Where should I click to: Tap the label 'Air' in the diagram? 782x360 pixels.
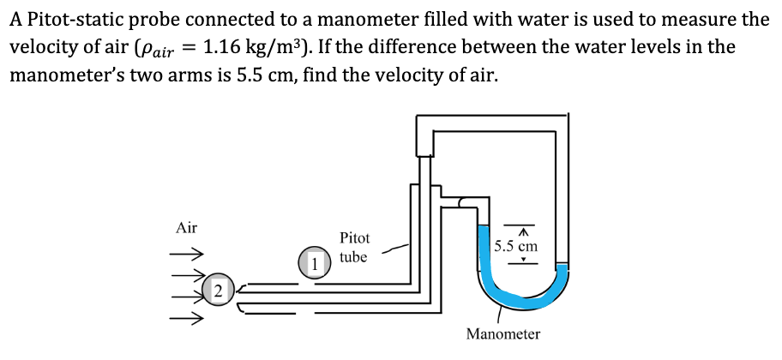pyautogui.click(x=186, y=228)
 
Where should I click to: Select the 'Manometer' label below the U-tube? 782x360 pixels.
pyautogui.click(x=503, y=334)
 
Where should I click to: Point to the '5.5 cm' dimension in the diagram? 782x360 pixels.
pyautogui.click(x=517, y=246)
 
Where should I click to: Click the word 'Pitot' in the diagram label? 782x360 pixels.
pyautogui.click(x=354, y=237)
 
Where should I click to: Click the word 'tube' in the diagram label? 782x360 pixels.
pyautogui.click(x=353, y=256)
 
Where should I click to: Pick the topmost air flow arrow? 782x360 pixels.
pyautogui.click(x=185, y=255)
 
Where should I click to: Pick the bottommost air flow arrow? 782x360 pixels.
pyautogui.click(x=185, y=321)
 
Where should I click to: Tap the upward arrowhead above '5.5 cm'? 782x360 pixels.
pyautogui.click(x=522, y=231)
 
